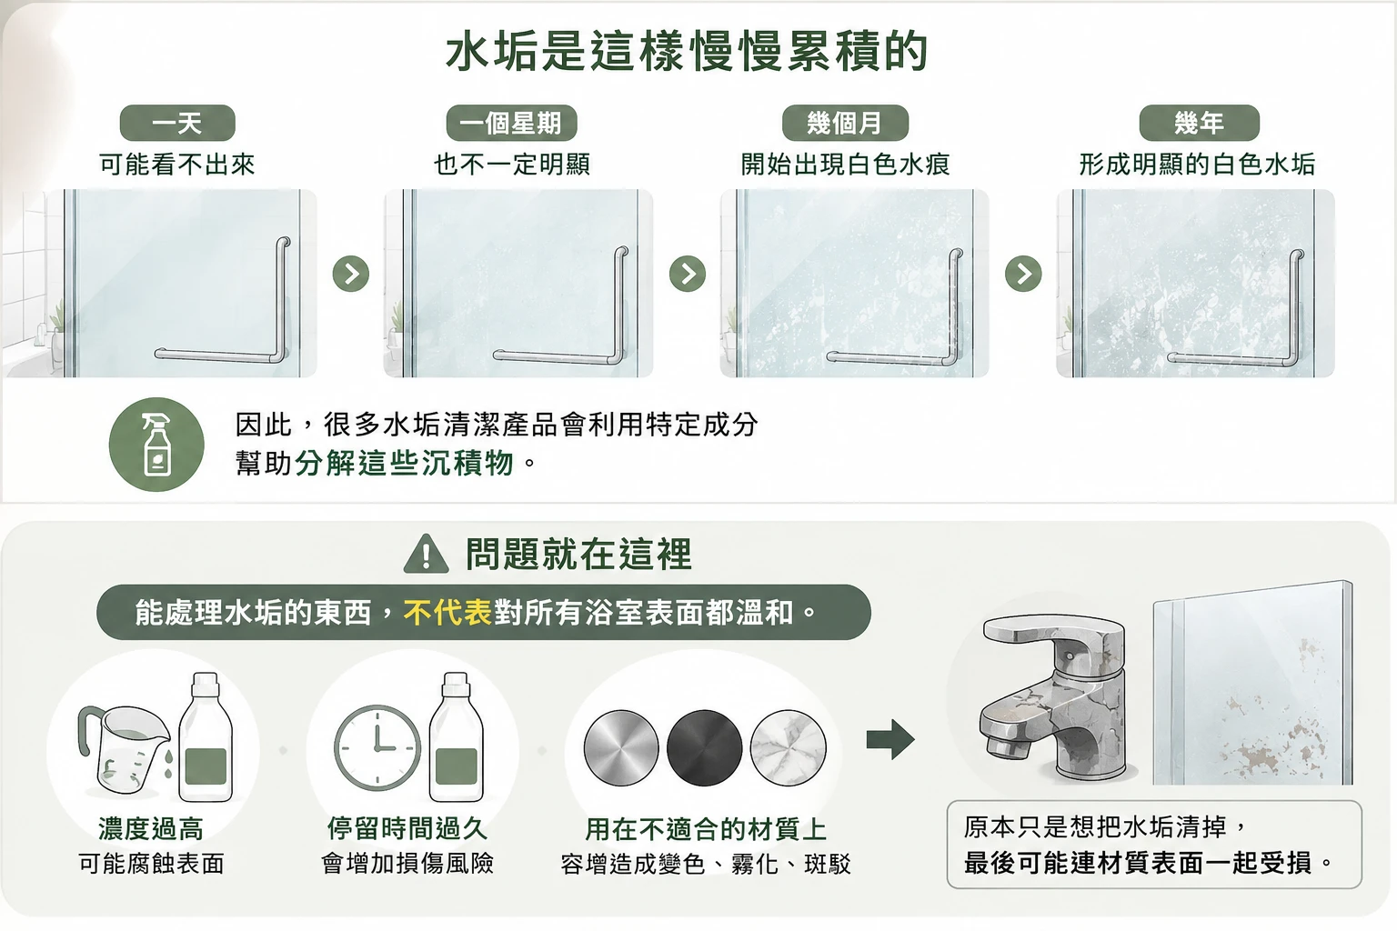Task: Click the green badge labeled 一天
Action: coord(177,123)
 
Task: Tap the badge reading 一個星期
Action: coord(511,123)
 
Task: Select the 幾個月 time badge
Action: coord(845,123)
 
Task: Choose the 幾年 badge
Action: coord(1199,123)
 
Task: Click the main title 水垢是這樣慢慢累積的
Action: coord(688,51)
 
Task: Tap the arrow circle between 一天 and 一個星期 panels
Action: coord(351,274)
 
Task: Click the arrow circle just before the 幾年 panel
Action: coord(1023,274)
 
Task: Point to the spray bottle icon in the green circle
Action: coord(157,444)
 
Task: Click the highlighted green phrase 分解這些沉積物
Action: coord(404,464)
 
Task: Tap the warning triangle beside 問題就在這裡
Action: coord(426,554)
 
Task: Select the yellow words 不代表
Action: coord(447,613)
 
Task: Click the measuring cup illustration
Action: coord(124,748)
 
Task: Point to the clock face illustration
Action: coord(377,747)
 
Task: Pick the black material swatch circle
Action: coord(705,747)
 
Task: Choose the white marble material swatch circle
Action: coord(789,747)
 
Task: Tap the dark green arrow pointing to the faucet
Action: coord(890,739)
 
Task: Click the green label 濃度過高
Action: coord(151,829)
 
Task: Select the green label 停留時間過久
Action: coord(407,829)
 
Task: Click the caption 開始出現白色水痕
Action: coord(845,165)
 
